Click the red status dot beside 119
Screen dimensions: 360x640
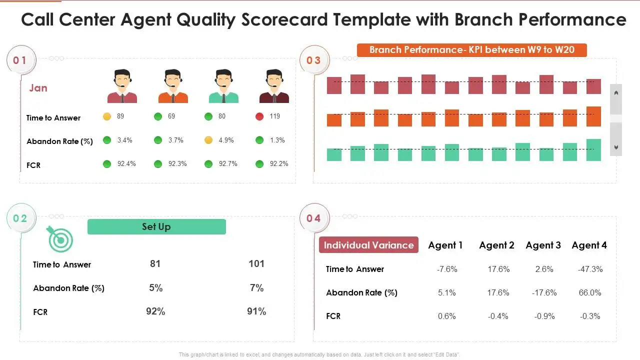coord(259,116)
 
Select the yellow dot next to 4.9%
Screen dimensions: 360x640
coord(208,140)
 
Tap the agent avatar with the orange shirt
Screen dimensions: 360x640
coord(173,86)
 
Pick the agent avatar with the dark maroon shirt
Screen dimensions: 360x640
coord(274,86)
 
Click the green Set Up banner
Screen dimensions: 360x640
coord(156,226)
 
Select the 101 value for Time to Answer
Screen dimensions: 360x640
coord(256,263)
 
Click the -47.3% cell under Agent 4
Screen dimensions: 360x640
coord(590,269)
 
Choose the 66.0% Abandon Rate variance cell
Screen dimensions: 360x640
coord(590,292)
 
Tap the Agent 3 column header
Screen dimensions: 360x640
coord(543,245)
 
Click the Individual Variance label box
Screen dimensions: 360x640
coord(368,245)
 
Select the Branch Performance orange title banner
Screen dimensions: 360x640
coord(471,50)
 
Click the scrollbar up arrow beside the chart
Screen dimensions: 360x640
coord(616,92)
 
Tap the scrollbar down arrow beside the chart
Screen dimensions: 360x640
coord(616,147)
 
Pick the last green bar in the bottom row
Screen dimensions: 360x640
coord(593,150)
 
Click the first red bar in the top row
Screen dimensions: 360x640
coord(334,85)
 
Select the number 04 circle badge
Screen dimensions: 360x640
coord(314,218)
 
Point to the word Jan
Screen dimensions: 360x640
coord(38,88)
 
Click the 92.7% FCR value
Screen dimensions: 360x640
coord(228,163)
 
